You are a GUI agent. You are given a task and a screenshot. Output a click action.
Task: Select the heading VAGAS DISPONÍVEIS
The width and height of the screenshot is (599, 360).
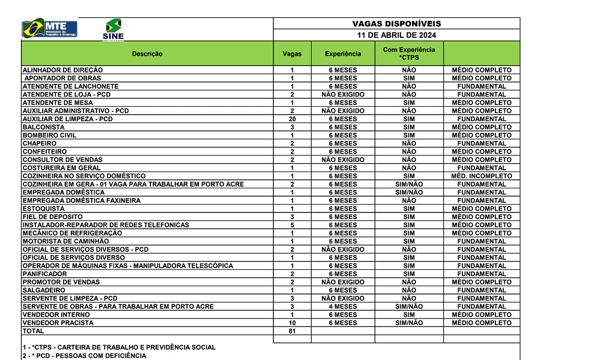point(396,24)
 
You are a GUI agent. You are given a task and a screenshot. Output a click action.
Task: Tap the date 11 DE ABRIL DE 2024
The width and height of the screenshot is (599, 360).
point(396,35)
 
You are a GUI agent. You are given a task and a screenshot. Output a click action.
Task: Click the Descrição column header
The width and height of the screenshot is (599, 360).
point(147,54)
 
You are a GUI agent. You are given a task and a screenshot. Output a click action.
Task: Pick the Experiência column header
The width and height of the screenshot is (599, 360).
point(343,54)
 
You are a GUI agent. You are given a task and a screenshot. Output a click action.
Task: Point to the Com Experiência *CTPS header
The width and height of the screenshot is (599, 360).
point(409,53)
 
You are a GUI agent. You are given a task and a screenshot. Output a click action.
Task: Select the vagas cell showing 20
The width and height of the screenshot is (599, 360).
point(292,119)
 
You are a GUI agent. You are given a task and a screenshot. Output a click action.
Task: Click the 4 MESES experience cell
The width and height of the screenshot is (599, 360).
point(343,307)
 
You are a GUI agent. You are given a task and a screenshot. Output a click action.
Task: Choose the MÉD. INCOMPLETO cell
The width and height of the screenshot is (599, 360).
point(481,176)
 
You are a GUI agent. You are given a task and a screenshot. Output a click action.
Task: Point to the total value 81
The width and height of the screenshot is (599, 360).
point(292,331)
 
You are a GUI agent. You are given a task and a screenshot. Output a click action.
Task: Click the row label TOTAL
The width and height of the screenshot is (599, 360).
point(34,331)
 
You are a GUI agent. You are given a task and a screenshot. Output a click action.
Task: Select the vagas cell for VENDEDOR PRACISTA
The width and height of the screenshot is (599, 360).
point(292,323)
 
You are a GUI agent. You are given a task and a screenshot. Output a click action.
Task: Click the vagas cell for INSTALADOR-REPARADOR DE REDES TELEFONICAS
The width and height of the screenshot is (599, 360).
point(292,225)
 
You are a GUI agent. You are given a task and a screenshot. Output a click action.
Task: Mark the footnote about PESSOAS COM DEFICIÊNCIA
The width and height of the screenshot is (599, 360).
point(83,356)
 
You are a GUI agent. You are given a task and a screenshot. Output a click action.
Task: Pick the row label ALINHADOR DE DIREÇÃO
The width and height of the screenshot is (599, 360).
point(62,70)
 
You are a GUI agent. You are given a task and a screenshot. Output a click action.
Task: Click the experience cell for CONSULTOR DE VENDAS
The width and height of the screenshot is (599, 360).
point(343,160)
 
